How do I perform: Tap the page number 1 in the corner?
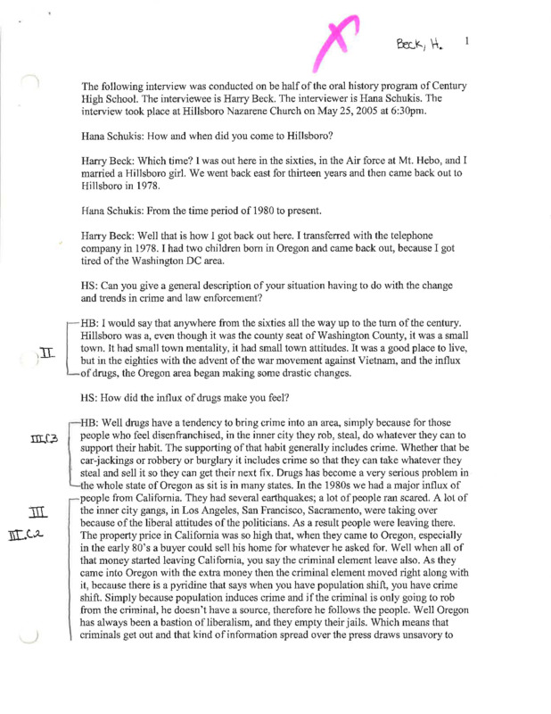[466, 40]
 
